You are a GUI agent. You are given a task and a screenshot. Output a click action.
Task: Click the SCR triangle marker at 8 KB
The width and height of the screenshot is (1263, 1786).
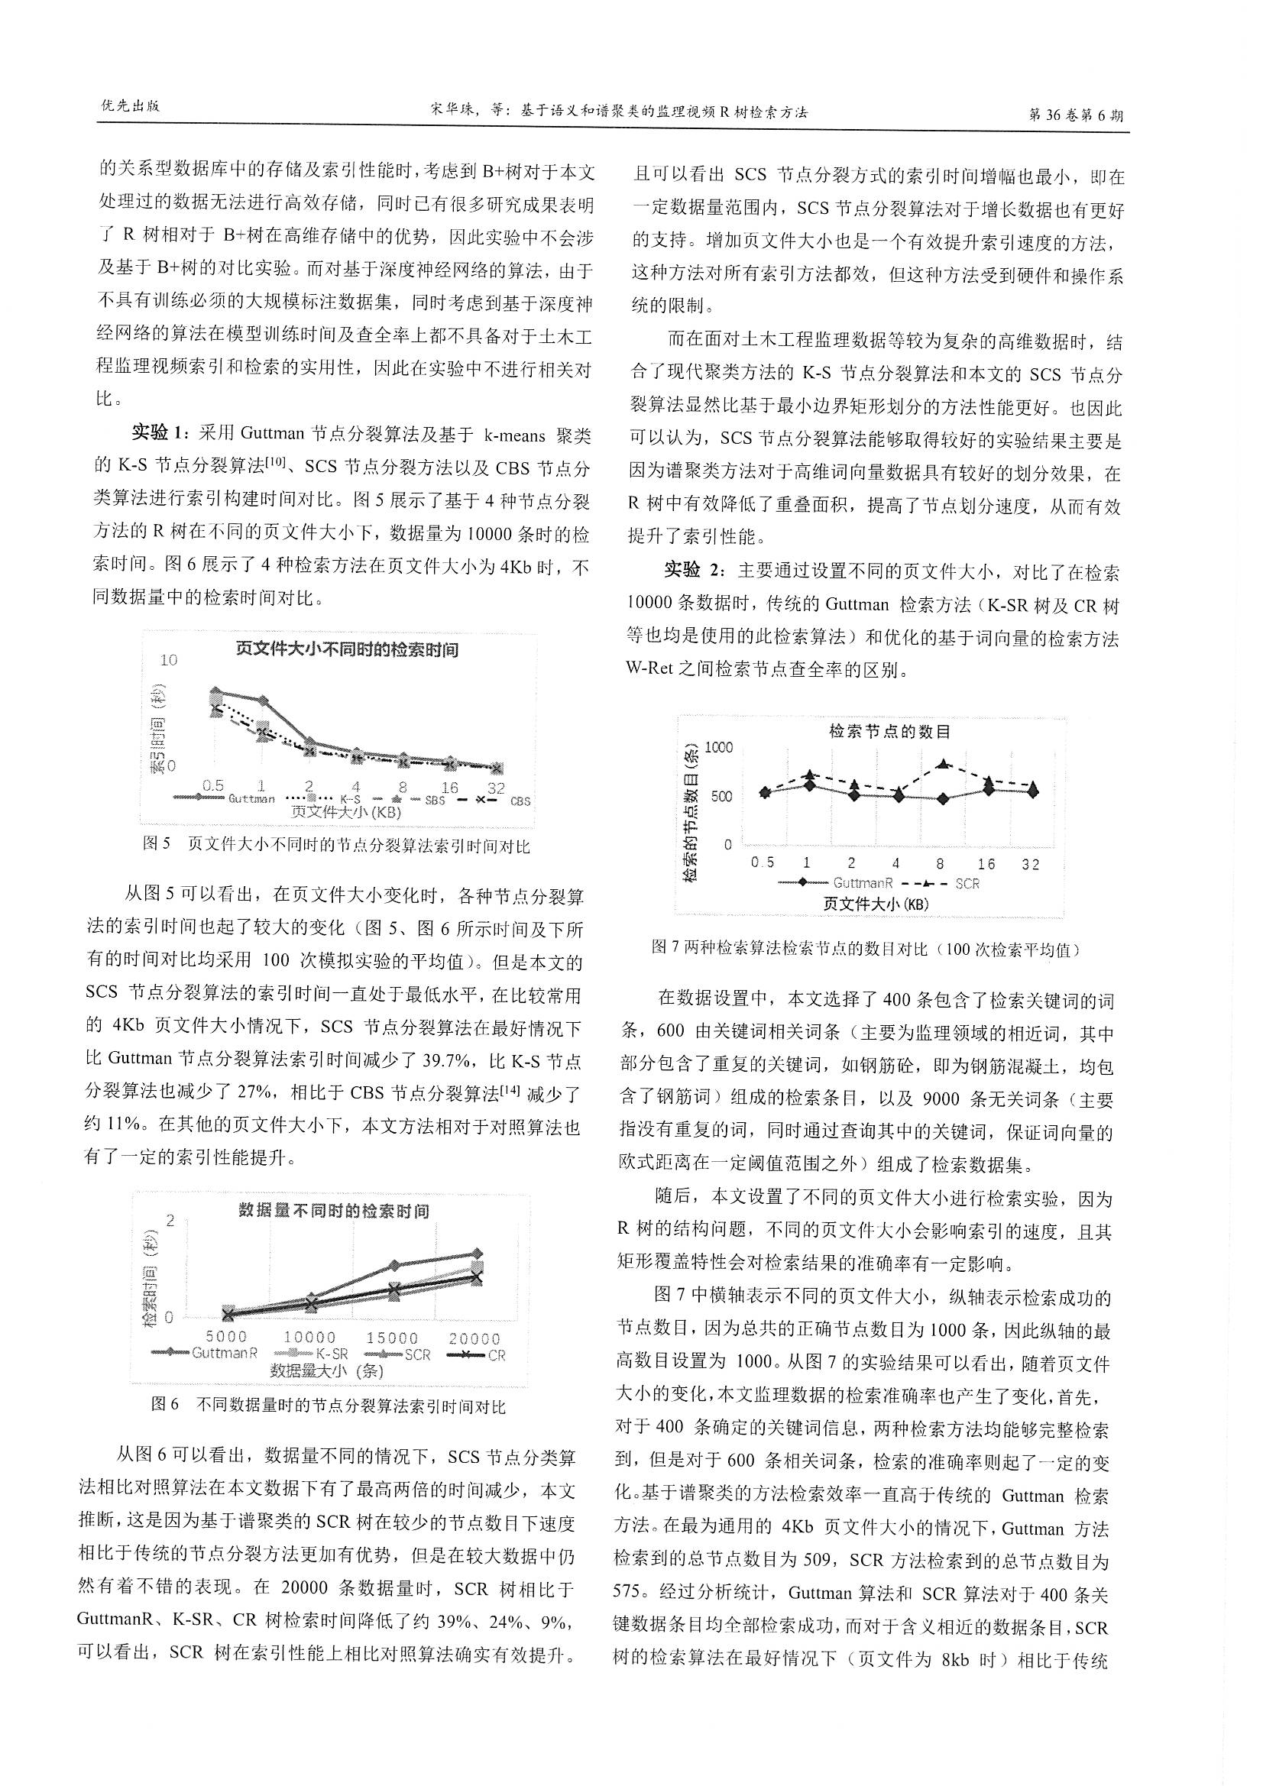point(943,764)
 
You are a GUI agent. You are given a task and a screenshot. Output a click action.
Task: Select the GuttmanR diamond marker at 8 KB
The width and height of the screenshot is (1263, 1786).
point(943,799)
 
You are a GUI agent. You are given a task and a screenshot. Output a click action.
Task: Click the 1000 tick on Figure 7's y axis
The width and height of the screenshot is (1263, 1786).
point(718,748)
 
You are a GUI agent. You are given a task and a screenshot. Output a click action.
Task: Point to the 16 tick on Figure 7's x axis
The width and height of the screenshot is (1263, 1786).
point(986,863)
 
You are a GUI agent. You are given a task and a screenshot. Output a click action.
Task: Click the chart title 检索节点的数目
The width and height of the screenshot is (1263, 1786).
point(889,731)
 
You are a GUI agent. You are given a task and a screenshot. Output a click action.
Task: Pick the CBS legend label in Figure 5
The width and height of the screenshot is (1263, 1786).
point(520,801)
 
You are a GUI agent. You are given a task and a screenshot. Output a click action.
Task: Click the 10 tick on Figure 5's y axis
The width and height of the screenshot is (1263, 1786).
point(169,661)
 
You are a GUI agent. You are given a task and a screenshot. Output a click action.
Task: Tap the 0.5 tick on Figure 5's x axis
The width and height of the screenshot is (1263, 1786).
point(213,786)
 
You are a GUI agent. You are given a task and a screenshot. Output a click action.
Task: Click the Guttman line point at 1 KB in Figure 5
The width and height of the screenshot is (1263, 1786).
point(263,701)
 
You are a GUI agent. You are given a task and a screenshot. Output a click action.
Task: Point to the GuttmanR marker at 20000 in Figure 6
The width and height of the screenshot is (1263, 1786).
point(477,1253)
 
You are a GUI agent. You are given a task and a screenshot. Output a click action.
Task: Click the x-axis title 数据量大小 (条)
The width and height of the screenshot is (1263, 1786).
point(327,1370)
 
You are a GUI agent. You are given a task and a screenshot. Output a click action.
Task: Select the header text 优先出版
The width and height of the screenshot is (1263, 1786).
point(131,107)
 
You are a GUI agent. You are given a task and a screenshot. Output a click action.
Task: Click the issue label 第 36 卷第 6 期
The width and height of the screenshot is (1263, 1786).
point(1076,115)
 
